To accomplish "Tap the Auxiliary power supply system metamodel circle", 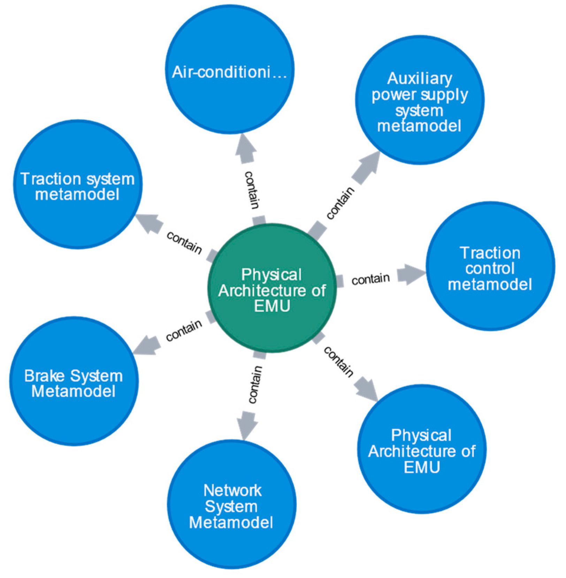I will click(x=420, y=100).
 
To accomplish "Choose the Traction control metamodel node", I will click(x=490, y=266).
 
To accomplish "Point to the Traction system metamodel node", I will click(x=78, y=185).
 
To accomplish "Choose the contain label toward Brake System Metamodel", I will click(x=184, y=330).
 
